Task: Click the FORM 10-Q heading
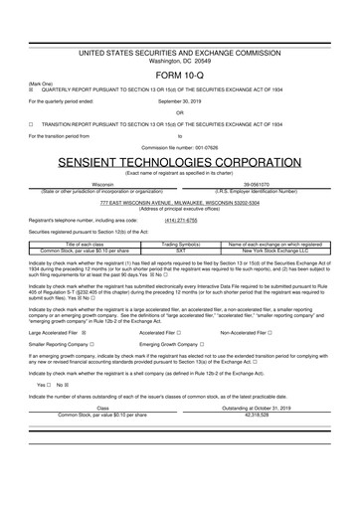tap(180, 76)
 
